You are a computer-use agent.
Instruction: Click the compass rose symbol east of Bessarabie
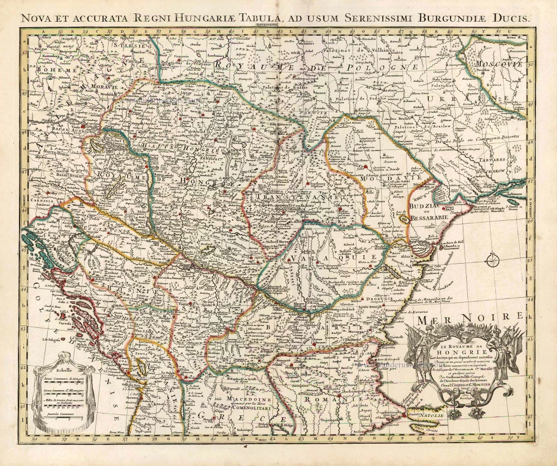point(492,259)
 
